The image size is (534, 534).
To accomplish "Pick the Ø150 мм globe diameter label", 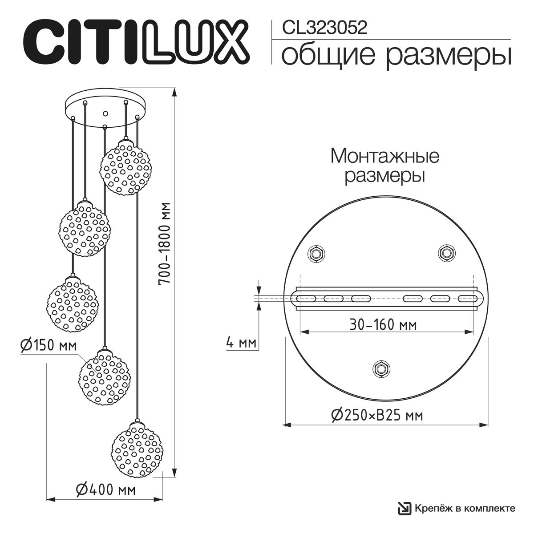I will (x=48, y=345).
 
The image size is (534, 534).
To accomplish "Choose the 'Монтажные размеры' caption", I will (x=385, y=166).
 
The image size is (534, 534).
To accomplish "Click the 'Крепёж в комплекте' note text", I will (x=465, y=508).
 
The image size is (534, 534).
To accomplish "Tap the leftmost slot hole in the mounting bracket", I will (x=306, y=299).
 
